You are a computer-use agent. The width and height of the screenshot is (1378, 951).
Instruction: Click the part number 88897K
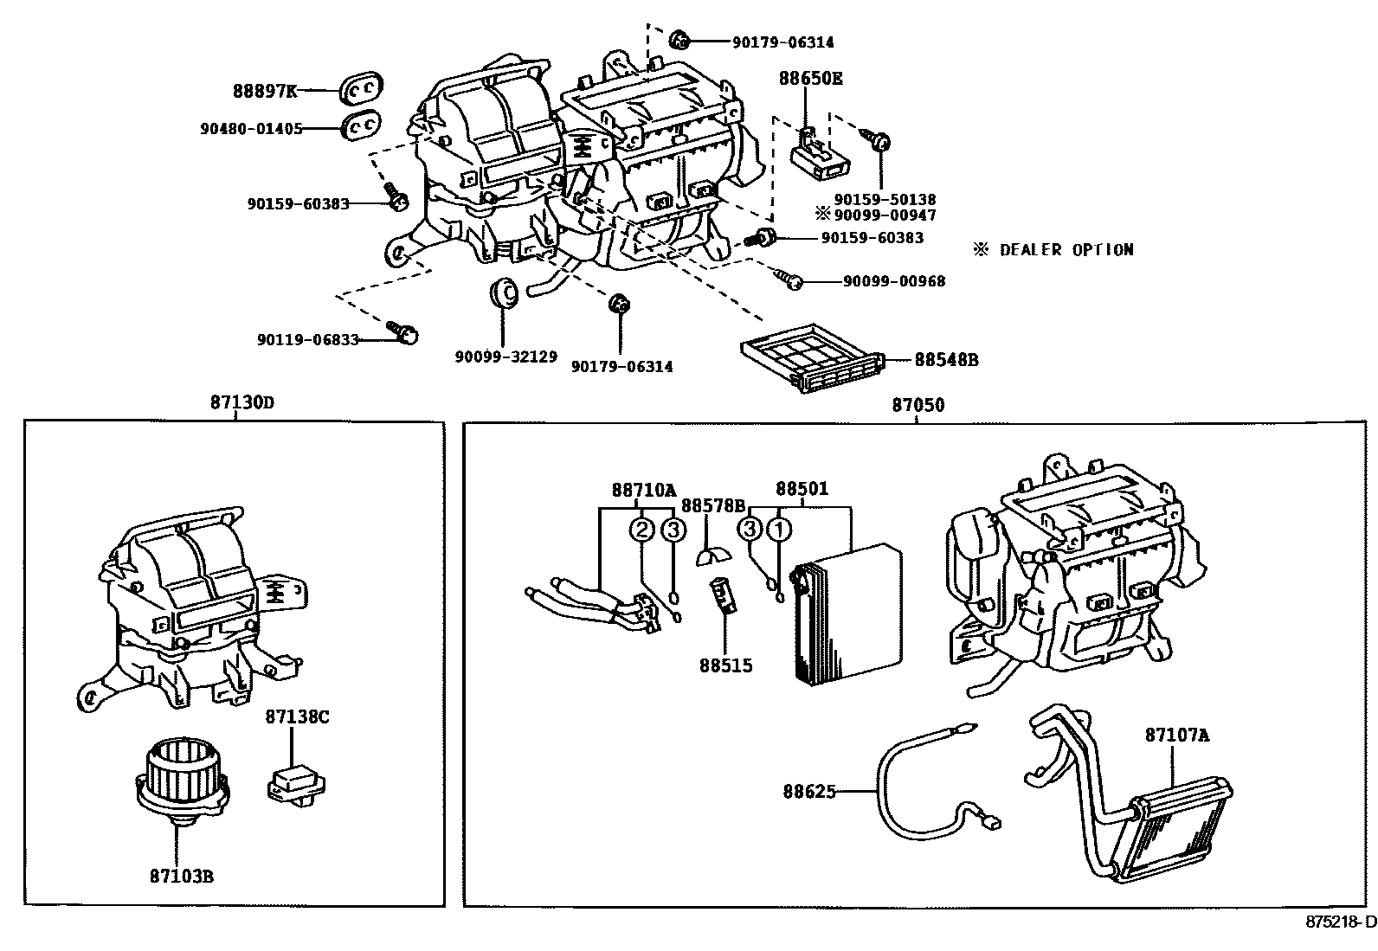pyautogui.click(x=264, y=90)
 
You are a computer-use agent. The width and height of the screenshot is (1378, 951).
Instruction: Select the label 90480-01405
pyautogui.click(x=251, y=128)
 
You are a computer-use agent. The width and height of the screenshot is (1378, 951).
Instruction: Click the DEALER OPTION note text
pyautogui.click(x=1053, y=250)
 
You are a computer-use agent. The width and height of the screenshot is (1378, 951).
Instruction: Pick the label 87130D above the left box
pyautogui.click(x=235, y=402)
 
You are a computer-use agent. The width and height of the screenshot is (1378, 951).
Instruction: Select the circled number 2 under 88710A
pyautogui.click(x=641, y=529)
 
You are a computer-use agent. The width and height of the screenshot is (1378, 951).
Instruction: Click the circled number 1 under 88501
pyautogui.click(x=779, y=529)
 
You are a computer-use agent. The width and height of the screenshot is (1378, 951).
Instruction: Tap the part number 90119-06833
pyautogui.click(x=307, y=340)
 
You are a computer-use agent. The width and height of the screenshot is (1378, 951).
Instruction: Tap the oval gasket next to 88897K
pyautogui.click(x=361, y=88)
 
